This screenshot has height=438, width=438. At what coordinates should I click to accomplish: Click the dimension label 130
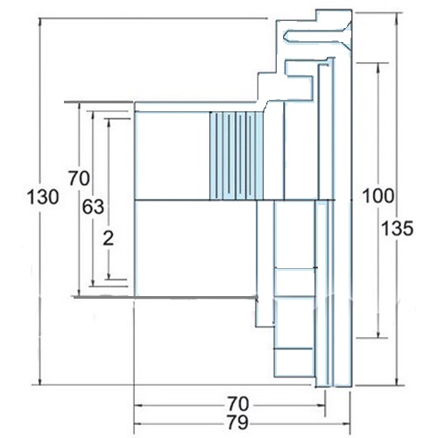coord(43,196)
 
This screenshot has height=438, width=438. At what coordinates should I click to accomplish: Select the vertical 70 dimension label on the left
coord(79,178)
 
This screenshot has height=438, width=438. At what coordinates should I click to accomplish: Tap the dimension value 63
coord(93,207)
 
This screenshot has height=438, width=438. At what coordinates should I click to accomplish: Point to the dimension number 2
coord(109,238)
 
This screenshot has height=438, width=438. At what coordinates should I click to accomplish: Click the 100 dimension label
coord(378,195)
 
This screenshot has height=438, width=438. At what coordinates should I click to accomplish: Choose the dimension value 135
coord(398,228)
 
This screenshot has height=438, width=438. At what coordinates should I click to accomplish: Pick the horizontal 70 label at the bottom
coord(238,404)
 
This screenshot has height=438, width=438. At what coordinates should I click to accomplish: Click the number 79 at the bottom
coord(238,422)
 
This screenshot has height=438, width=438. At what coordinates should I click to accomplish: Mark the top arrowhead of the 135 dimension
coord(397,17)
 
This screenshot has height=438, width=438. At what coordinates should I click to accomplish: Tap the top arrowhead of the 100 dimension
coord(378,67)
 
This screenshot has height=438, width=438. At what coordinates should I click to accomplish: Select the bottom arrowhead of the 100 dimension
coord(378,334)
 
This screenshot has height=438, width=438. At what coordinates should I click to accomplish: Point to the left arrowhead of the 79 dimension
coord(138,424)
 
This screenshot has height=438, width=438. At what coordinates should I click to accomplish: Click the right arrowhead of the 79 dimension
coord(346,424)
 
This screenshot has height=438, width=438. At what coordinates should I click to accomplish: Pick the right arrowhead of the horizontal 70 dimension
coord(321,406)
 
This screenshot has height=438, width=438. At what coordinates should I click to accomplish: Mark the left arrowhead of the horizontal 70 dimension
coord(138,406)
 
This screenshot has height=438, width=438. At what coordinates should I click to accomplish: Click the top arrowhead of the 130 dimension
coord(40,23)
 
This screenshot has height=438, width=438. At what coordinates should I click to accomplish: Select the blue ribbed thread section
coord(237,156)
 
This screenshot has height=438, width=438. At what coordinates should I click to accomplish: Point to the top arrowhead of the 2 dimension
coord(109,123)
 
